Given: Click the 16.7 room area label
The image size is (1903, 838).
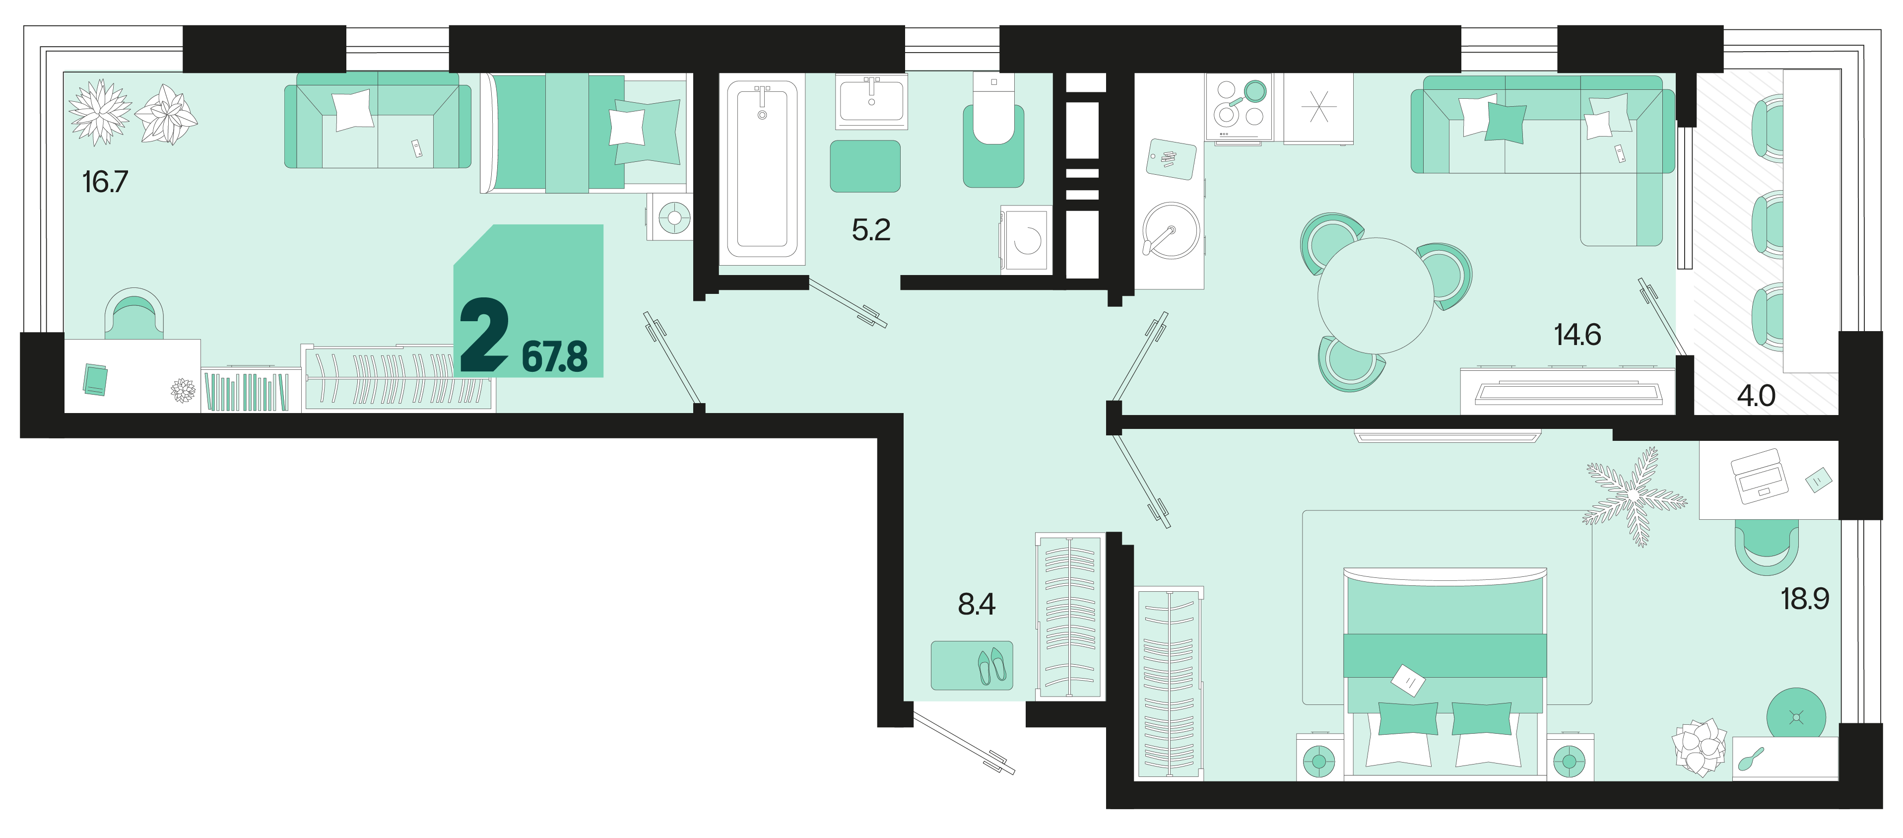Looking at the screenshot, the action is coord(105,182).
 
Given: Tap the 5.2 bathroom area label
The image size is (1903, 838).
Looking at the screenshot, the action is coord(871,230).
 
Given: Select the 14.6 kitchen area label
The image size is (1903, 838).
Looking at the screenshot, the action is coord(1577,335).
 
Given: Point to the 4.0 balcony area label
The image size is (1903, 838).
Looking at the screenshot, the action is coord(1756,396).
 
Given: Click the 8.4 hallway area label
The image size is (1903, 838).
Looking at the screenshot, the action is coord(977,605).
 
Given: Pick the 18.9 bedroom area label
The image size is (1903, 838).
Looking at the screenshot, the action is coord(1805,599).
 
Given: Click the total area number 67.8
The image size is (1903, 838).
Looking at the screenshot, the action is coord(555,357).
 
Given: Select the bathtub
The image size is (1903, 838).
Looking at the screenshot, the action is coord(762,168).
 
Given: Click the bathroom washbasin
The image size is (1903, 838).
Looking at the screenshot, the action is coord(872,101).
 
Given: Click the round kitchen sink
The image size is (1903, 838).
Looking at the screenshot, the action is coord(1171,230).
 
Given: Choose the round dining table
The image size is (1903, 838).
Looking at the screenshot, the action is coord(1376,295).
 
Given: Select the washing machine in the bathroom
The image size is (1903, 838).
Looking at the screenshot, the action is coord(1026,239).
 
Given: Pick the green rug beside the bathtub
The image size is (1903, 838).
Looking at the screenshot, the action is coord(865,166).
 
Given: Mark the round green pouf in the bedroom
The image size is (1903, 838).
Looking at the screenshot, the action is coord(1796,717).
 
